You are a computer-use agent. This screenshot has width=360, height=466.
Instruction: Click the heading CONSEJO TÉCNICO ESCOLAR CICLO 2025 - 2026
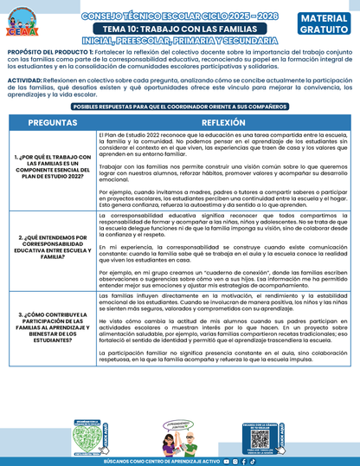point(180,15)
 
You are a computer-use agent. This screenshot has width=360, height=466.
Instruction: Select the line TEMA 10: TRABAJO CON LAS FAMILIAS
point(180,29)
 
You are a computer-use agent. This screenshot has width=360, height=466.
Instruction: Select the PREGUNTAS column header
point(52,123)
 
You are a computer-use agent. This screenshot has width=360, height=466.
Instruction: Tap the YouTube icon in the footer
point(226,462)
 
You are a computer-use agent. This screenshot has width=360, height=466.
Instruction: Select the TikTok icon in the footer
point(254,462)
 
